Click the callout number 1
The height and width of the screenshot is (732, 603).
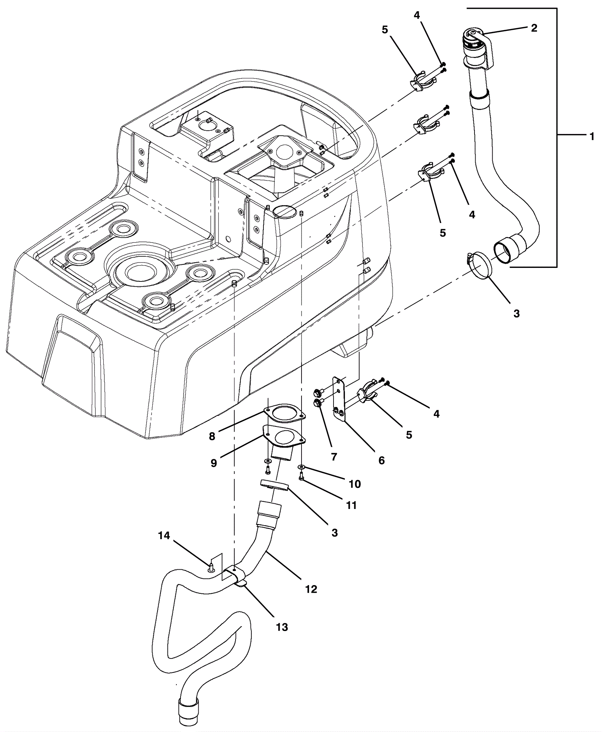pyautogui.click(x=592, y=136)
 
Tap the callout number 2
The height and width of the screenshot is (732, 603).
pyautogui.click(x=534, y=28)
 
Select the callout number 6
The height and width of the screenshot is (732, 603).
pyautogui.click(x=381, y=460)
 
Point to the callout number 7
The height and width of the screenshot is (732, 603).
pyautogui.click(x=334, y=457)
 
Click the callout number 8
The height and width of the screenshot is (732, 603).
pyautogui.click(x=212, y=436)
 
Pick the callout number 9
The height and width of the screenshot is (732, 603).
pyautogui.click(x=214, y=463)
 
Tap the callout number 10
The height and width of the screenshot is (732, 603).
pyautogui.click(x=355, y=484)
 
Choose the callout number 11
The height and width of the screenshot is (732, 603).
pyautogui.click(x=351, y=505)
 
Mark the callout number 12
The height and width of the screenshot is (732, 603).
pyautogui.click(x=311, y=589)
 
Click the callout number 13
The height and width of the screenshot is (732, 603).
pyautogui.click(x=282, y=627)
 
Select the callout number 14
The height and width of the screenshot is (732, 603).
pyautogui.click(x=164, y=535)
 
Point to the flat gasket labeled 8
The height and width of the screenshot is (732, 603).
pyautogui.click(x=285, y=414)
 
